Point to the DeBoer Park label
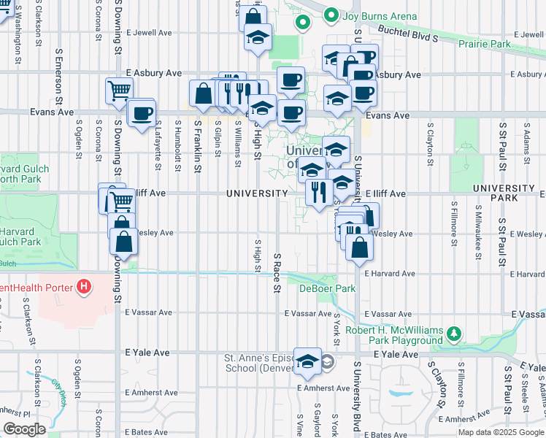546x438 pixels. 327,288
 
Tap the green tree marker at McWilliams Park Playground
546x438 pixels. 455,334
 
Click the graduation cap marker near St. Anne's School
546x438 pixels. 307,362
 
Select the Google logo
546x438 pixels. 25,429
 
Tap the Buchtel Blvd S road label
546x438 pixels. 408,32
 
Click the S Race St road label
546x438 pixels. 277,274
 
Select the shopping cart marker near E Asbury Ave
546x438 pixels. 119,91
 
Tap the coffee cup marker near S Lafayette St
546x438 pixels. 141,114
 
